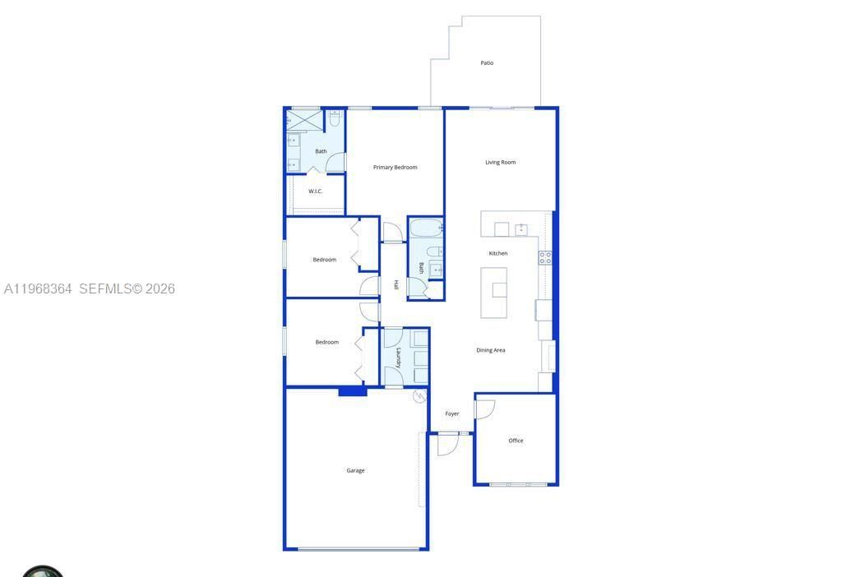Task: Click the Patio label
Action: [487, 63]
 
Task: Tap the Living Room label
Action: [500, 163]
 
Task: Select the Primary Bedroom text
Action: [395, 168]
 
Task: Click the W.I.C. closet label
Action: [316, 192]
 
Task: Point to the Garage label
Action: [355, 471]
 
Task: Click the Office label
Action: [516, 441]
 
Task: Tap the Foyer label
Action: [452, 414]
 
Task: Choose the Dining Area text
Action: [491, 350]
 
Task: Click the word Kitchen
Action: [498, 253]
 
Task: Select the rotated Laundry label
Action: [399, 358]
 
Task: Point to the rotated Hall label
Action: [396, 285]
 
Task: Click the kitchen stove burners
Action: [545, 257]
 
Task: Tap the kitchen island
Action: [493, 293]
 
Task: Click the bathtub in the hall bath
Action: [426, 228]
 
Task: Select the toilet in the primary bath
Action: [334, 119]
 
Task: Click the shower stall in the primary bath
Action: [303, 120]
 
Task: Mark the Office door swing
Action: [484, 409]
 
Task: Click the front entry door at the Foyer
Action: [447, 445]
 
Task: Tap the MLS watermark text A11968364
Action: [38, 289]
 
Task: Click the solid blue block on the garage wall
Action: [352, 391]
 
